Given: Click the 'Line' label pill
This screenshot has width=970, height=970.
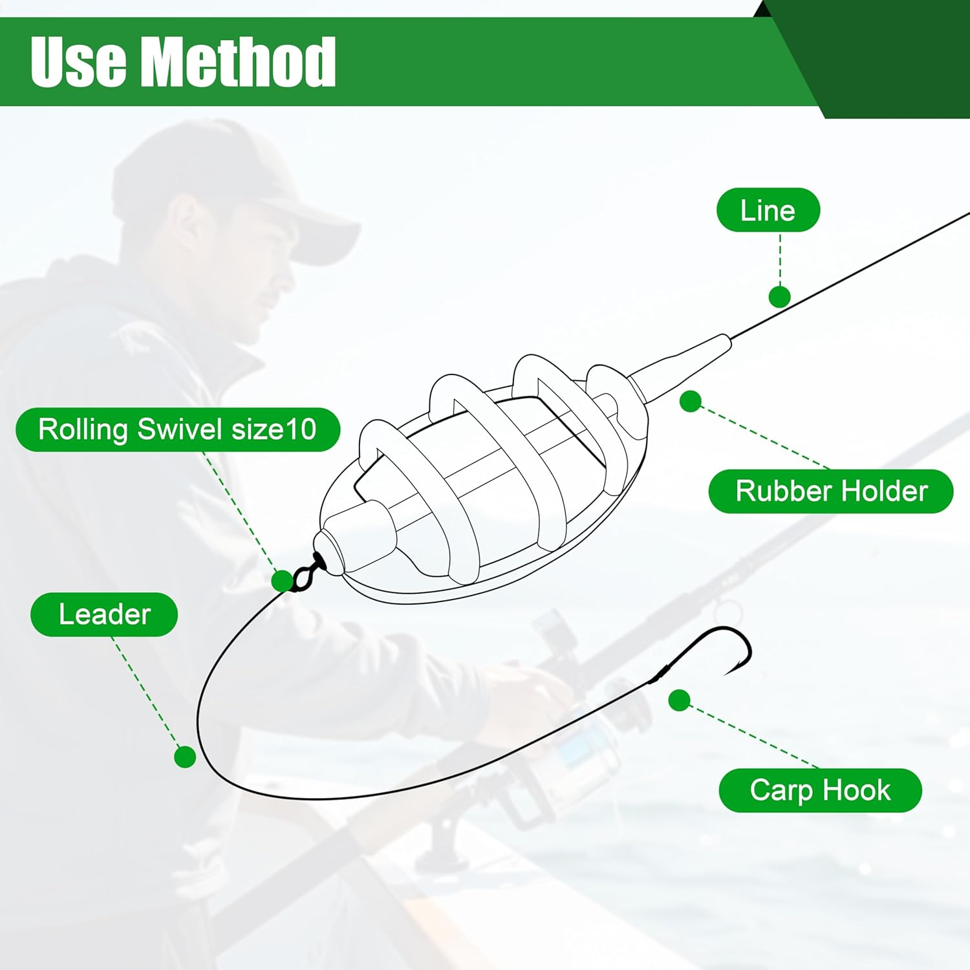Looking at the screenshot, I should pos(768,210).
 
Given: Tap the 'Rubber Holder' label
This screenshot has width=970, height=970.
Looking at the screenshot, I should pos(831,491).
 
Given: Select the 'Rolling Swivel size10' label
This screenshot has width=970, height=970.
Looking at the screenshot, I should pos(177,429).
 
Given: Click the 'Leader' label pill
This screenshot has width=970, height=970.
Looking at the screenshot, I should pos(104,614).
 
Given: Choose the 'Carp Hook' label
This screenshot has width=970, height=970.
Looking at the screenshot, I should pos(820,790).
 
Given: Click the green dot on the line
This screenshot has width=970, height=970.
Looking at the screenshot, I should pos(779,297).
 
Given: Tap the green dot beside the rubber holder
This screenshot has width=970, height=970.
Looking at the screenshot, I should pos(691,402).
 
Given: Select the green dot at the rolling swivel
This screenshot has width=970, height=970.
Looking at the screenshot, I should pos(282,581).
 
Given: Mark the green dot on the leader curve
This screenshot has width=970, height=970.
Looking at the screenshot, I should pos(185,756).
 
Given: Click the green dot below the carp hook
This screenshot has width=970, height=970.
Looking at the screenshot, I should pos(679,700).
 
